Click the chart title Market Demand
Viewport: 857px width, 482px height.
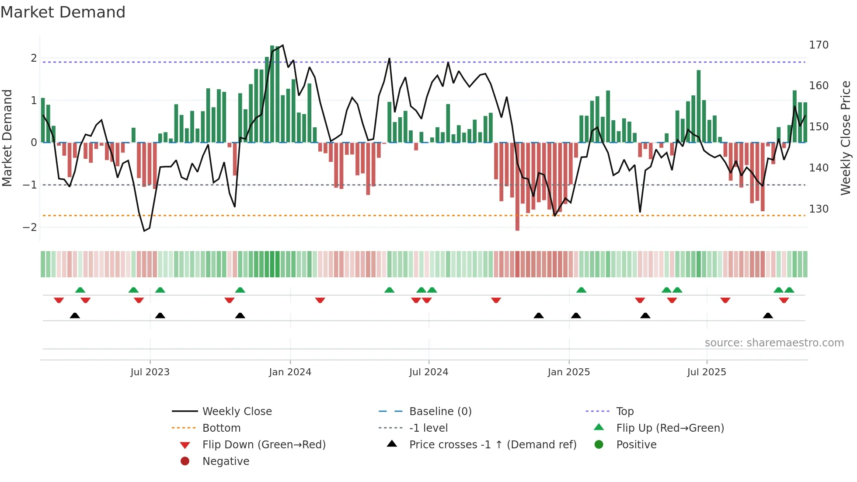pos(63,12)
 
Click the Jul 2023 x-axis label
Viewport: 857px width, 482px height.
pos(150,372)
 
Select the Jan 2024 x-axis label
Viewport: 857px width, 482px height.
pos(290,372)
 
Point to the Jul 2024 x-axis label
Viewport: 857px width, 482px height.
pos(428,372)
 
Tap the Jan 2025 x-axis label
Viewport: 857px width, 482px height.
pos(568,372)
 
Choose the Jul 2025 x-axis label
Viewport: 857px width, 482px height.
pos(707,372)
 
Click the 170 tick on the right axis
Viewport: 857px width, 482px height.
pos(819,45)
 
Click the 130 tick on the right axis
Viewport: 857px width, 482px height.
pos(819,209)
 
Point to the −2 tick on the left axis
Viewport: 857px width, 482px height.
pos(30,227)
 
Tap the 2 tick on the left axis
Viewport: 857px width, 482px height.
pos(34,58)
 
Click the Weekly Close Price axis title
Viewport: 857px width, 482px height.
pos(846,138)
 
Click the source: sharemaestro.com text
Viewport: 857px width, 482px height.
pos(774,343)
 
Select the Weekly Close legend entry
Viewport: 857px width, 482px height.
pos(237,412)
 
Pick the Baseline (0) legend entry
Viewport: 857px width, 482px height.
pos(440,412)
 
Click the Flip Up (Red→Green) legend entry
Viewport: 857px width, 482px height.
pos(670,428)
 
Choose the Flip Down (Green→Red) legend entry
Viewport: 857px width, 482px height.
pos(264,445)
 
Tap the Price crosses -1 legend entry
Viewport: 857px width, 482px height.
pos(492,445)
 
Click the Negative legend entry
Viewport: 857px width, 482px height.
pos(226,461)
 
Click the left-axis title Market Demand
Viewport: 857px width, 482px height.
pos(7,138)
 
